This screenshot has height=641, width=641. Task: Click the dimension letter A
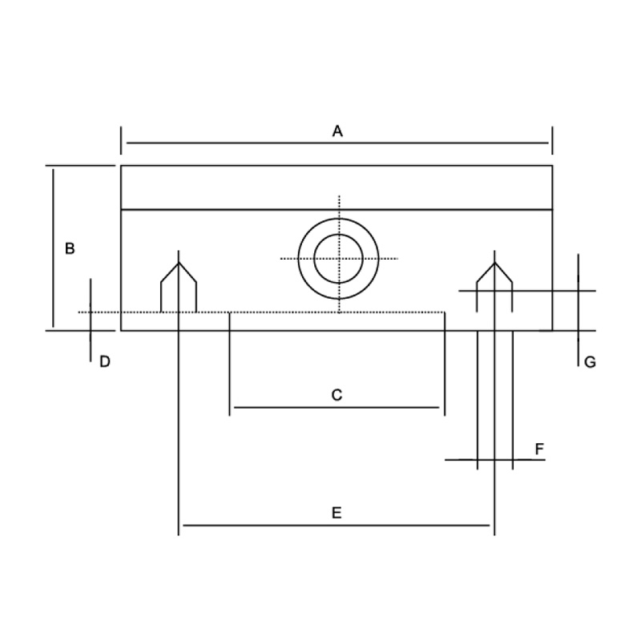click(x=337, y=131)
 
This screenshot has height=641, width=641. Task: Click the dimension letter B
click(x=70, y=248)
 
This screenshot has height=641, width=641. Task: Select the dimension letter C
click(x=337, y=395)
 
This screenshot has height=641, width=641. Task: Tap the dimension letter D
click(x=105, y=362)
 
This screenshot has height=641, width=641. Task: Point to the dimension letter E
click(x=337, y=513)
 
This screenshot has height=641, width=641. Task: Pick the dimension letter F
click(x=539, y=449)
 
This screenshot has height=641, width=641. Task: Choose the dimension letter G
click(x=590, y=362)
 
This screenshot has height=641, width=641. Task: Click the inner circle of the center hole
click(x=338, y=258)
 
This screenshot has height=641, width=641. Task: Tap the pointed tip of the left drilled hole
click(x=179, y=263)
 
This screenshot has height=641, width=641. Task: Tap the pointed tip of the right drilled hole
click(x=494, y=263)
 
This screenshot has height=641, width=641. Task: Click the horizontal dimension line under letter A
click(x=337, y=143)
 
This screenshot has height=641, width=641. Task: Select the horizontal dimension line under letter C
click(x=337, y=408)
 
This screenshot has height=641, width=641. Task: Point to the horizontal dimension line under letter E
click(x=337, y=525)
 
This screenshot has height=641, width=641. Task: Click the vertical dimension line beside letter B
click(x=53, y=248)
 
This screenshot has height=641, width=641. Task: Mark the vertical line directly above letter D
click(x=91, y=320)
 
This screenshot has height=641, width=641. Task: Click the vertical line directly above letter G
click(x=578, y=310)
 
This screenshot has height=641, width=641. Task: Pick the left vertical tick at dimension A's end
click(x=121, y=141)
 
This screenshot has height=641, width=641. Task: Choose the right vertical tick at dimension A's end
click(x=552, y=141)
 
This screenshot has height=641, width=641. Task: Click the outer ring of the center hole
click(x=338, y=219)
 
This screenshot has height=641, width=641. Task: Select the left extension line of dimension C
click(x=229, y=364)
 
